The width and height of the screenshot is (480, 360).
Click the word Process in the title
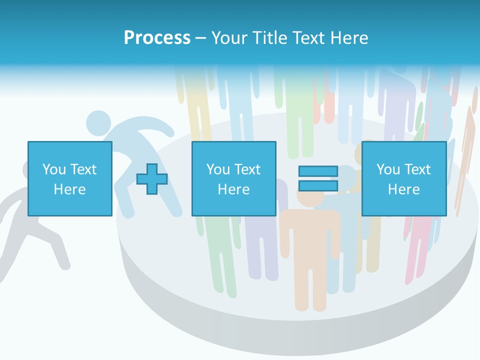coord(157,38)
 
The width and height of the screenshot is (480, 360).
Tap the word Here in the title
coord(348,38)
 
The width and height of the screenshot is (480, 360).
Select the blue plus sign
coord(152,179)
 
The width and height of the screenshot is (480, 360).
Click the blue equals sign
coord(318,178)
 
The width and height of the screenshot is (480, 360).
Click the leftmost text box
coord(69,178)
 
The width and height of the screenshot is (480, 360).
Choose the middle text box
coord(233,178)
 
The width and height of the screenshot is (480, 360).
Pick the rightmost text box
coord(403,178)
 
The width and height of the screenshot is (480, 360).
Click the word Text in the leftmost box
coord(83,169)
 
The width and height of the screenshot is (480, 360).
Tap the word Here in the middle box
coord(233,189)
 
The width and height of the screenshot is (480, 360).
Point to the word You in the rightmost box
coord(388,169)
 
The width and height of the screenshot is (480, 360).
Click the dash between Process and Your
coord(200,38)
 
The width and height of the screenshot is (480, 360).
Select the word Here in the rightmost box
coord(403,189)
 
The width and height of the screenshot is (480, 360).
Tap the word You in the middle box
coord(218,169)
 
